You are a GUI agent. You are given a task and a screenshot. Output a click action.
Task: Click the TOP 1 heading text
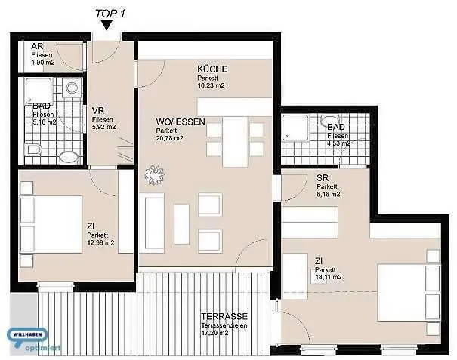[x=109, y=12]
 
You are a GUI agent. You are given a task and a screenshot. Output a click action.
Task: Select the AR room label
[x=36, y=47]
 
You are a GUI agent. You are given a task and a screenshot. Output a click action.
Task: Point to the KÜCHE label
[x=212, y=69]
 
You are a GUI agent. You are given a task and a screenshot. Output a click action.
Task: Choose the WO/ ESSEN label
[x=181, y=122]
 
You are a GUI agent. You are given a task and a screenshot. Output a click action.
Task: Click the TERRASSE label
[x=225, y=317]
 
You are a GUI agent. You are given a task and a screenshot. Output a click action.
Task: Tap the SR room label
[x=323, y=178]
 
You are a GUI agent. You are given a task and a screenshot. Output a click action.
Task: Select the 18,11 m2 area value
[x=329, y=277]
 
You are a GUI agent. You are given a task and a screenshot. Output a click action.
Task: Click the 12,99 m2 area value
[x=100, y=243]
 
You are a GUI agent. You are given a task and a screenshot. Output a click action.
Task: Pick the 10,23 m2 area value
[x=212, y=86]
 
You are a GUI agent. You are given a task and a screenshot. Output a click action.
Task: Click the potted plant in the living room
[x=156, y=174]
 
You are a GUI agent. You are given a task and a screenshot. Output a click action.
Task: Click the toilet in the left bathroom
[x=69, y=156]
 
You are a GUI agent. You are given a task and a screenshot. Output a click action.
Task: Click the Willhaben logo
[x=28, y=337]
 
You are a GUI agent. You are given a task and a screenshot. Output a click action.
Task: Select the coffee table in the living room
[x=181, y=223]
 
